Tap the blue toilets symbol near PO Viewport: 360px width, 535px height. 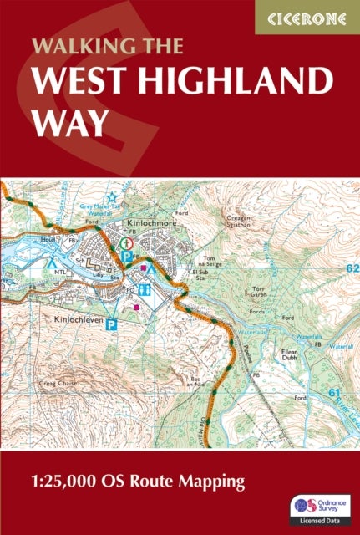pyautogui.click(x=145, y=290)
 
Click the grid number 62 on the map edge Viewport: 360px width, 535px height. pyautogui.click(x=351, y=267)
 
